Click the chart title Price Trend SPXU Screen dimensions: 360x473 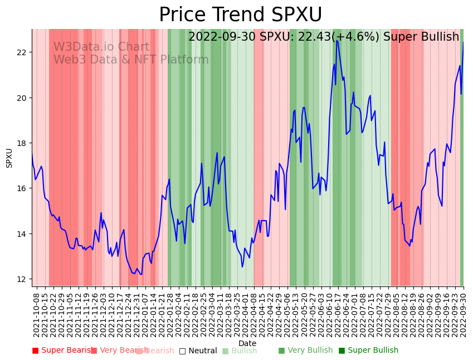pyautogui.click(x=240, y=15)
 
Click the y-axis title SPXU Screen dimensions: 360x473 pyautogui.click(x=9, y=158)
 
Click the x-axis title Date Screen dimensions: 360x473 pyautogui.click(x=247, y=343)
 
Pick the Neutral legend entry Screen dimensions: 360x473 pyautogui.click(x=198, y=351)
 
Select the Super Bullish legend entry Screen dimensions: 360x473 pyautogui.click(x=368, y=351)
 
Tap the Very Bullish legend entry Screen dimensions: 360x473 pyautogui.click(x=305, y=351)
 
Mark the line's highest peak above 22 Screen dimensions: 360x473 pyautogui.click(x=337, y=41)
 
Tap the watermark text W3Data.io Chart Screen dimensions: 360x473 pyautogui.click(x=101, y=47)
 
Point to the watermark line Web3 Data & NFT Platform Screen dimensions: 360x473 pyautogui.click(x=131, y=60)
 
